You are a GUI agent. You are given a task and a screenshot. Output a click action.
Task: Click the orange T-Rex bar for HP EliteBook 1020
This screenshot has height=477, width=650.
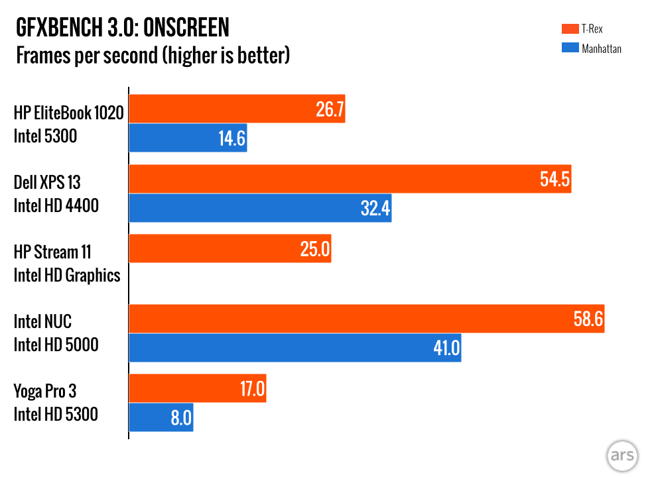click(x=237, y=109)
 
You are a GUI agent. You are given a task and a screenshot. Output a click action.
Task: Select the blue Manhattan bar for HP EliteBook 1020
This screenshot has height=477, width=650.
click(x=188, y=138)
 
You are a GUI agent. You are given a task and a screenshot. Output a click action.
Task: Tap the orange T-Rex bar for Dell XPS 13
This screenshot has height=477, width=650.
click(x=350, y=180)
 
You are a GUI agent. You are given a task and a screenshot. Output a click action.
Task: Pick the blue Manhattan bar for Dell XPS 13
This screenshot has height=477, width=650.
click(x=259, y=208)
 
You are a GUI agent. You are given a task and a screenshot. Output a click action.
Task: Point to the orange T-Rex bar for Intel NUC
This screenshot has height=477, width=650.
click(x=366, y=319)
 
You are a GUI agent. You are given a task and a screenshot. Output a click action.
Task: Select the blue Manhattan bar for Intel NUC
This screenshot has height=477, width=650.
click(x=294, y=348)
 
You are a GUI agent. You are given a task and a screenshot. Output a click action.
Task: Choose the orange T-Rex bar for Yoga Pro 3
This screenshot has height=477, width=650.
click(x=197, y=389)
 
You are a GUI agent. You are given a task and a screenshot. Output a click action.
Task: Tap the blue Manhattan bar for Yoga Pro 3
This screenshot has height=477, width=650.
click(x=161, y=417)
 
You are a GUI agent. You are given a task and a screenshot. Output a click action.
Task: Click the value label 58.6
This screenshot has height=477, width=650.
click(x=588, y=319)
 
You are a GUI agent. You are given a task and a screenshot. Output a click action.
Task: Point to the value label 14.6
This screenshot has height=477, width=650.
click(x=231, y=138)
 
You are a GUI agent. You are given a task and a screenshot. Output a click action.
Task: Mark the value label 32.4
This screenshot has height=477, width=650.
click(x=375, y=208)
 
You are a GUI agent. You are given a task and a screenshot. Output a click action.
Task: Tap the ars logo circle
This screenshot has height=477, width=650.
click(x=622, y=456)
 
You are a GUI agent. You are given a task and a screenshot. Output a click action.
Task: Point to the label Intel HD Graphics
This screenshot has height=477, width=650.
click(x=67, y=274)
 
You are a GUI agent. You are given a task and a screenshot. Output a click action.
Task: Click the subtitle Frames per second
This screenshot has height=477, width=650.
click(x=86, y=55)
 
